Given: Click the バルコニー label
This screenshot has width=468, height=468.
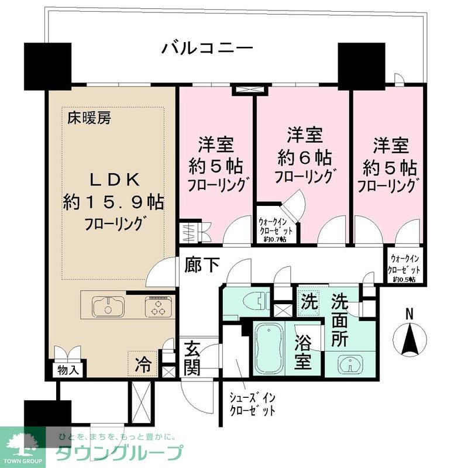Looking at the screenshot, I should click(208, 47).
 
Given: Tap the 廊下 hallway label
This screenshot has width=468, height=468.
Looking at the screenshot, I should click(204, 265).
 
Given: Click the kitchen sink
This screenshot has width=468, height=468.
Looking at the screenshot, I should click(108, 307).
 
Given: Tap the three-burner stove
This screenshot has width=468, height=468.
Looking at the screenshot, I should click(159, 306).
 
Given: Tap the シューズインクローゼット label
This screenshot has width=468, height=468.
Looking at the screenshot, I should click(252, 404).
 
